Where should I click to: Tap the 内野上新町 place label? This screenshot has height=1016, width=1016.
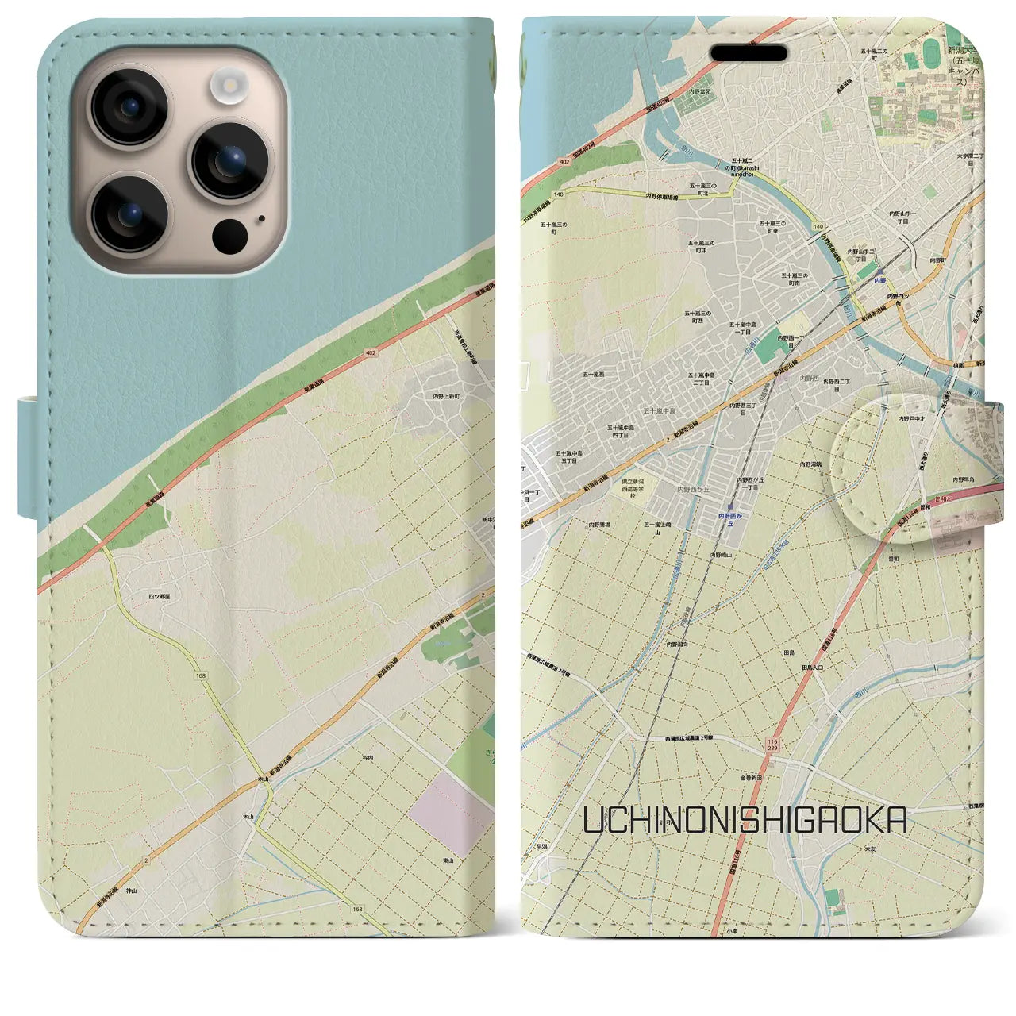pyautogui.click(x=447, y=394)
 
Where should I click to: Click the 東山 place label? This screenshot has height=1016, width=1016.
pyautogui.click(x=448, y=860)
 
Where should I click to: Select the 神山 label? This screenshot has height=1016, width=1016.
pyautogui.click(x=132, y=891)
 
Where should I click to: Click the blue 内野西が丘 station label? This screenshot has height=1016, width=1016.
pyautogui.click(x=731, y=516)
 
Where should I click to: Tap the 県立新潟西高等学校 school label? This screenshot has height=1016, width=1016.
pyautogui.click(x=637, y=486)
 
